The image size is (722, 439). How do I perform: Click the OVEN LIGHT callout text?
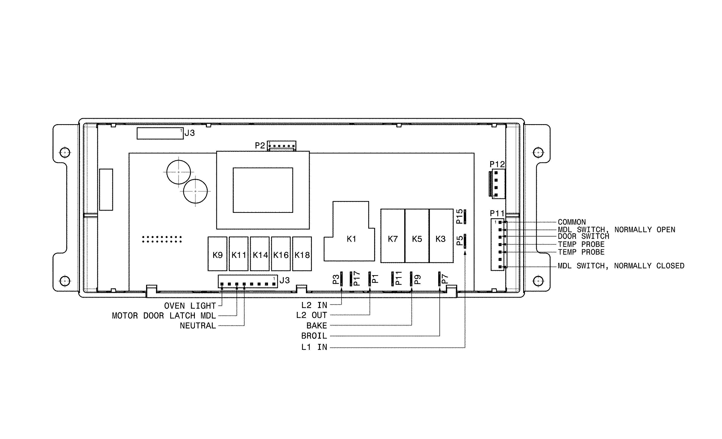[x=190, y=306]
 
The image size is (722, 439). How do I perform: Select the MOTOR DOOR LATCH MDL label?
[x=164, y=316]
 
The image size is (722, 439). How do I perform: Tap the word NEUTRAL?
[x=198, y=326]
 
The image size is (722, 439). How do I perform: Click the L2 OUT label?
[x=311, y=315]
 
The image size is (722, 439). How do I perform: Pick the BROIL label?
[x=314, y=336]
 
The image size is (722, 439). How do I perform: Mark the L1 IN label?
[x=314, y=347]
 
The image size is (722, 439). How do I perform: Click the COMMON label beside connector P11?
[x=572, y=222]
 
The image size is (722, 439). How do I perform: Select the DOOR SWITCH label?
[x=583, y=236]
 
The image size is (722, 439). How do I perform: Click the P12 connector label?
[x=497, y=164]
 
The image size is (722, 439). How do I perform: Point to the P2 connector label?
[x=260, y=146]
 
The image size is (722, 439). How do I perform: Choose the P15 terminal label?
[x=460, y=216]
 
